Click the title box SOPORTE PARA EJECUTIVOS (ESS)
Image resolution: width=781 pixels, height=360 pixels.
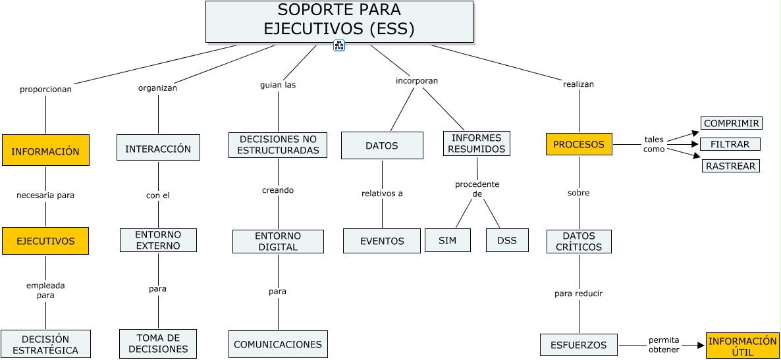tap(339, 21)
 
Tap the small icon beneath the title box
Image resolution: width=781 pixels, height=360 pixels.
tap(339, 45)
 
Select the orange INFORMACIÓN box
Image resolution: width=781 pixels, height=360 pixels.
tap(45, 150)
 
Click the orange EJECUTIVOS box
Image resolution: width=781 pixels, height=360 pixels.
tap(45, 241)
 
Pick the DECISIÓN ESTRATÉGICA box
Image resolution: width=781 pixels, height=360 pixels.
tap(45, 344)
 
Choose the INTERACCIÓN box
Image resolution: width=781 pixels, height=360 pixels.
tap(158, 148)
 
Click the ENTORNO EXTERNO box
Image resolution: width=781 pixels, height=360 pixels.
tap(158, 240)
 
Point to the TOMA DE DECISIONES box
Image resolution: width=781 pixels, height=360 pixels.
tap(158, 344)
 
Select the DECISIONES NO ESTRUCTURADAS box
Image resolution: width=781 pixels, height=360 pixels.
tap(278, 145)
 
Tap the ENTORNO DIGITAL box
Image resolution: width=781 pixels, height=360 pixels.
tap(278, 242)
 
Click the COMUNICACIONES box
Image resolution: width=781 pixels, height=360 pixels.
tap(278, 344)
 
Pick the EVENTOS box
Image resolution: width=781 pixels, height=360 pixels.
tap(382, 241)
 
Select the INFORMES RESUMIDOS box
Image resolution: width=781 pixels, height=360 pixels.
tap(477, 143)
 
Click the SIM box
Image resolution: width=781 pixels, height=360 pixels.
tap(447, 240)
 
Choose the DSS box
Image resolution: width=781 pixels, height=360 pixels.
tap(507, 240)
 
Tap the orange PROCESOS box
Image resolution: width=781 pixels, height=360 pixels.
tap(579, 144)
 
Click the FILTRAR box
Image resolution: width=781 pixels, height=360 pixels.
tap(730, 144)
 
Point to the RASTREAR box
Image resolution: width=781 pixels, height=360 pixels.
tap(730, 166)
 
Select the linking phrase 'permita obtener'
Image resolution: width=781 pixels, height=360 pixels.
tap(663, 345)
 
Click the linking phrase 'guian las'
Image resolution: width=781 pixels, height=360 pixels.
tap(278, 85)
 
